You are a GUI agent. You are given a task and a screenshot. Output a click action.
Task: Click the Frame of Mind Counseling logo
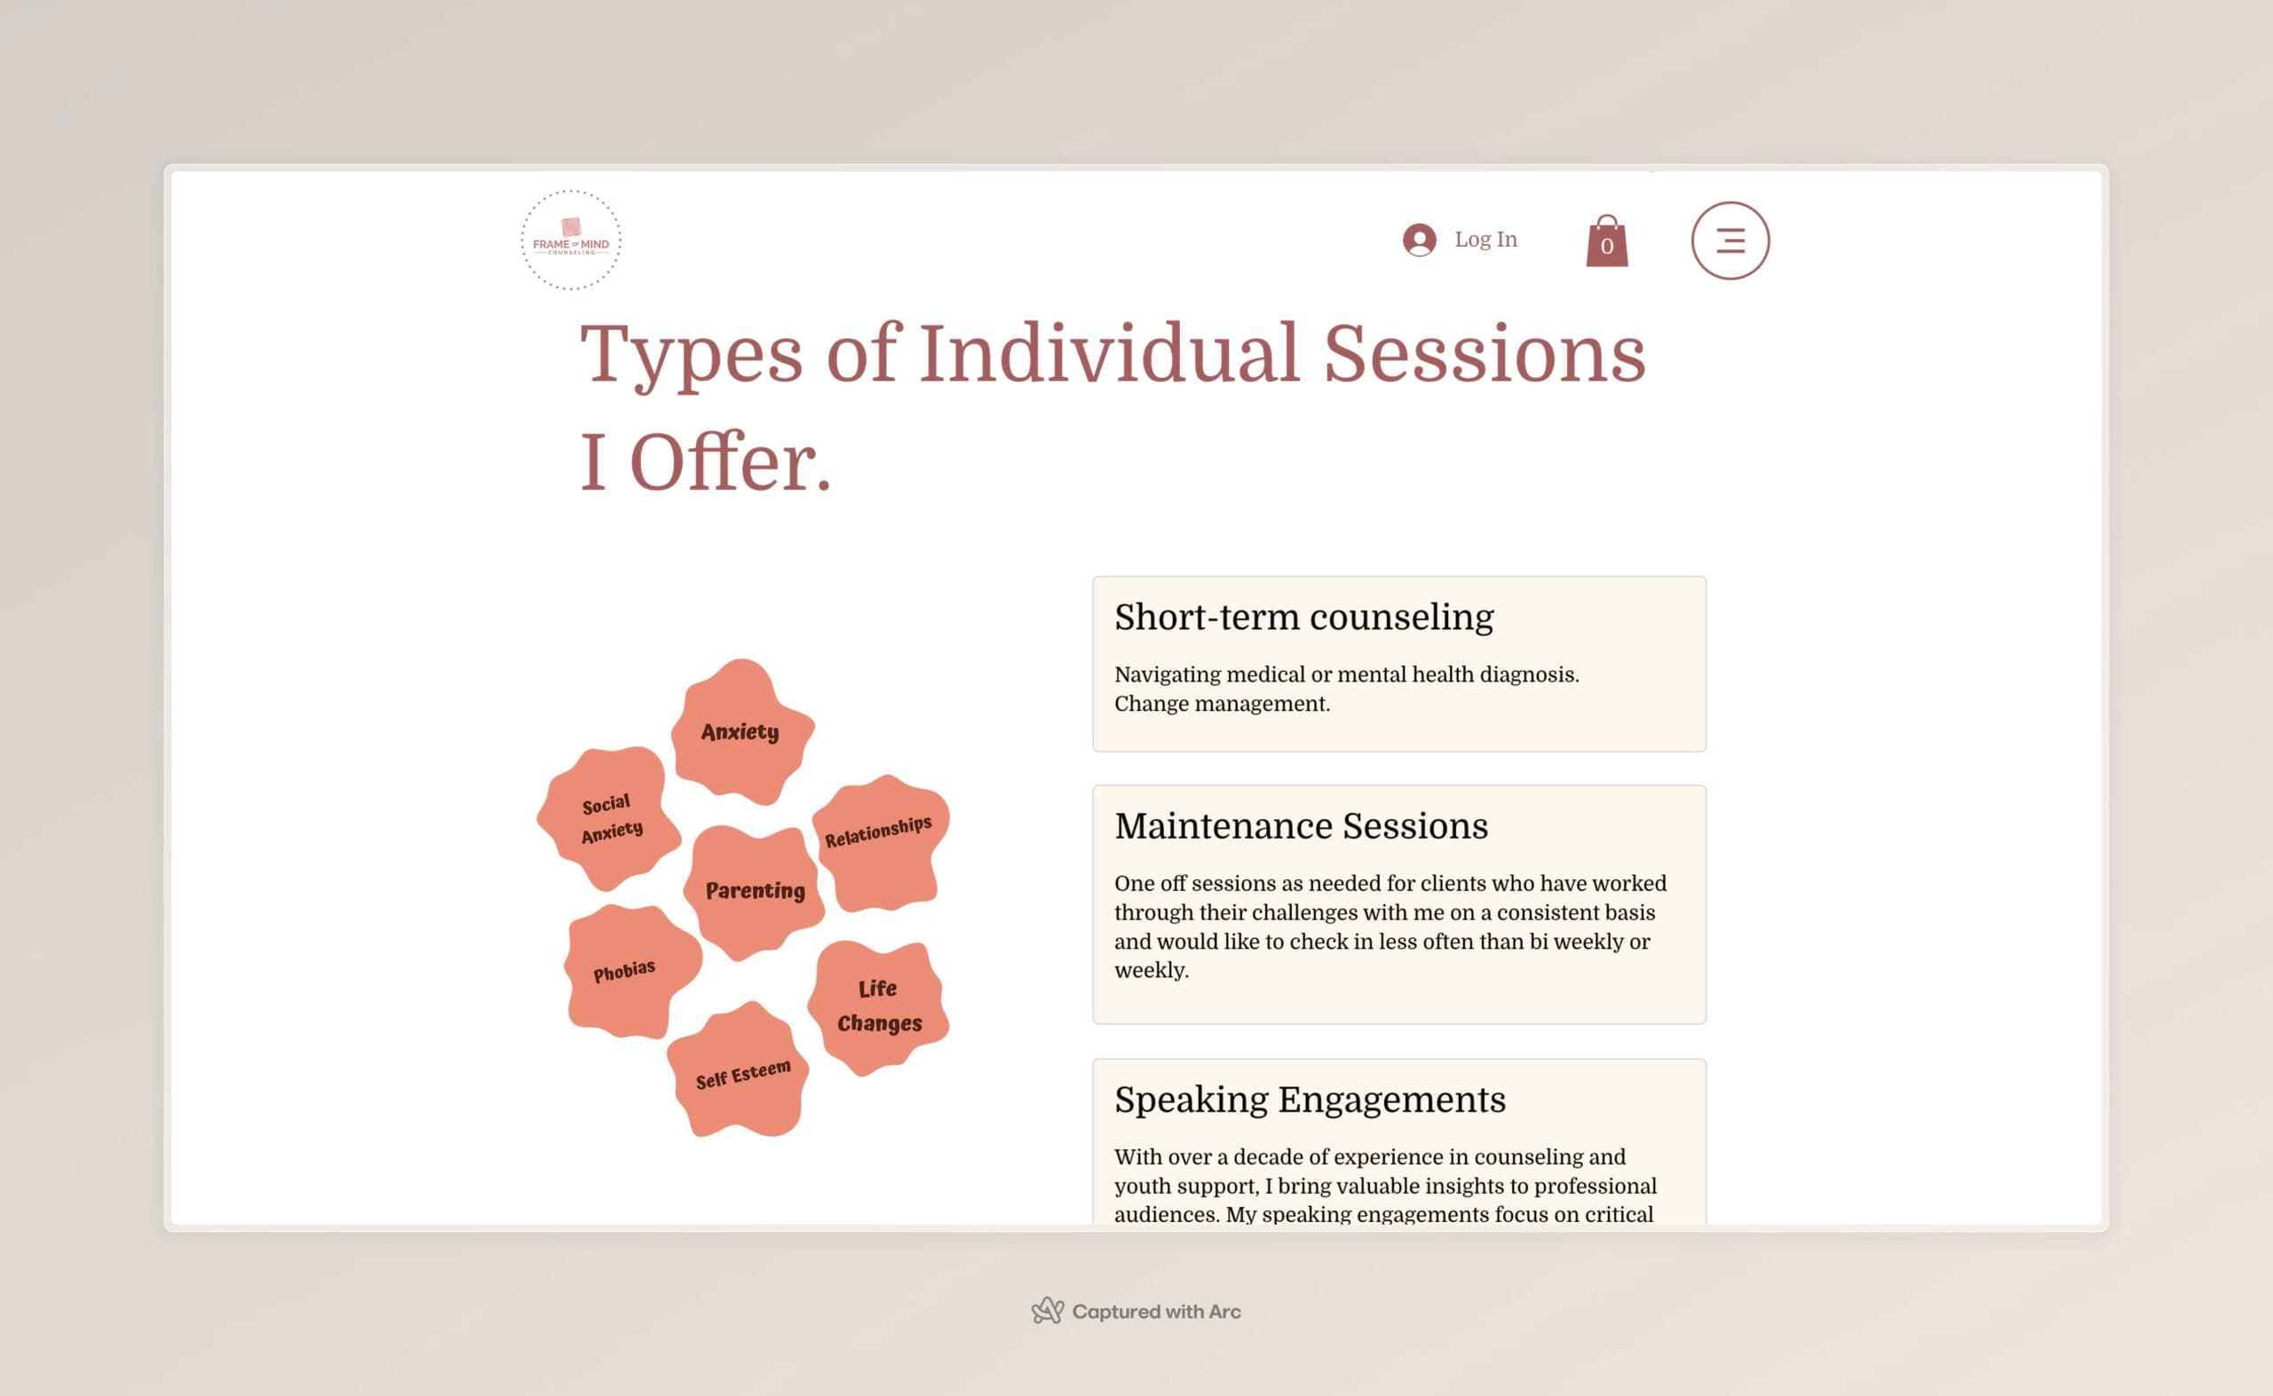(571, 240)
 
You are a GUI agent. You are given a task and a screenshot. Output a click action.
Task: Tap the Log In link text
(1485, 239)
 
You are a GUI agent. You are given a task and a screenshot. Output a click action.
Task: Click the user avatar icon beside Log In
(1419, 240)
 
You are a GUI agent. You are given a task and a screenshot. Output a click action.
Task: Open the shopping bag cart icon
(1607, 241)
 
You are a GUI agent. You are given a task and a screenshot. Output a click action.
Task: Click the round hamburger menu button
(1730, 241)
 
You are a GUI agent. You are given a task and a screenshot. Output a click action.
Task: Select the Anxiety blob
(741, 731)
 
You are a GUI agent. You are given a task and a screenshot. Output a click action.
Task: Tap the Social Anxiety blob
(609, 818)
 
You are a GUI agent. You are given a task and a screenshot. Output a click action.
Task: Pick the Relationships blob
(880, 843)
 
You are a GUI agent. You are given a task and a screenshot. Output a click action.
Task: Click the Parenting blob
(754, 892)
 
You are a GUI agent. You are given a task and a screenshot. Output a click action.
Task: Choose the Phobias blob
(633, 971)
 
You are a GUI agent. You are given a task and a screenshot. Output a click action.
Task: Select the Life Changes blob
(878, 1008)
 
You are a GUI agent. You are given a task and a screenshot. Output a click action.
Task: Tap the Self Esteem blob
(738, 1069)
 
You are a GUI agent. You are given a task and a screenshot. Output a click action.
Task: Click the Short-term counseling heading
(1303, 617)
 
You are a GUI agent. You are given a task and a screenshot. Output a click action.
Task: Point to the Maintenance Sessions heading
(1301, 825)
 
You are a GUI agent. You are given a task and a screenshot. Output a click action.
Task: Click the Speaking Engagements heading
(1310, 1100)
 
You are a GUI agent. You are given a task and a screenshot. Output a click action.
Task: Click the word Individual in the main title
(1109, 352)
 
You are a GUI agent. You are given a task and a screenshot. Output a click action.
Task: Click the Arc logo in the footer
(1048, 1310)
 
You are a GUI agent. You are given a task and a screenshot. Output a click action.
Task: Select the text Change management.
(1222, 704)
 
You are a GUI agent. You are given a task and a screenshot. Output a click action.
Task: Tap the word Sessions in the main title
(1485, 352)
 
